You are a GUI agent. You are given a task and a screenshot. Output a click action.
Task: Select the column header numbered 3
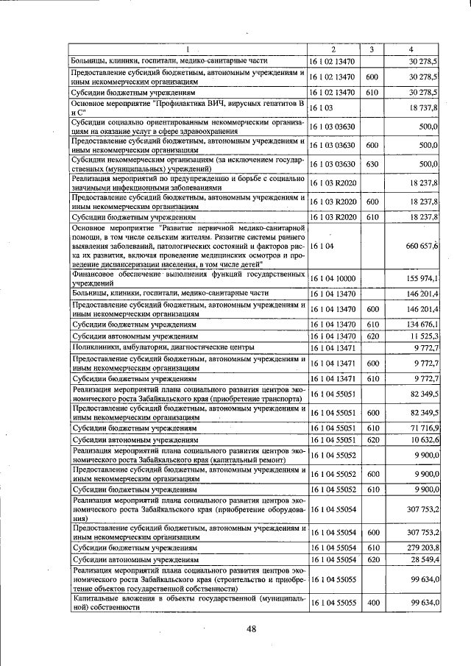click(372, 49)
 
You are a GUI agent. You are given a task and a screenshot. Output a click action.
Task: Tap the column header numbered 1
click(187, 49)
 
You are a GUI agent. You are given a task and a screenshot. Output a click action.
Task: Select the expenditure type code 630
click(372, 163)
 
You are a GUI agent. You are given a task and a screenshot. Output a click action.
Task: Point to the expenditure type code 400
click(372, 602)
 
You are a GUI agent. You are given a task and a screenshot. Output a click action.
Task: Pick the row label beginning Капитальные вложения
click(187, 602)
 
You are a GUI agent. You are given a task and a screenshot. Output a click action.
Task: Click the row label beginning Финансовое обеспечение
click(187, 278)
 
